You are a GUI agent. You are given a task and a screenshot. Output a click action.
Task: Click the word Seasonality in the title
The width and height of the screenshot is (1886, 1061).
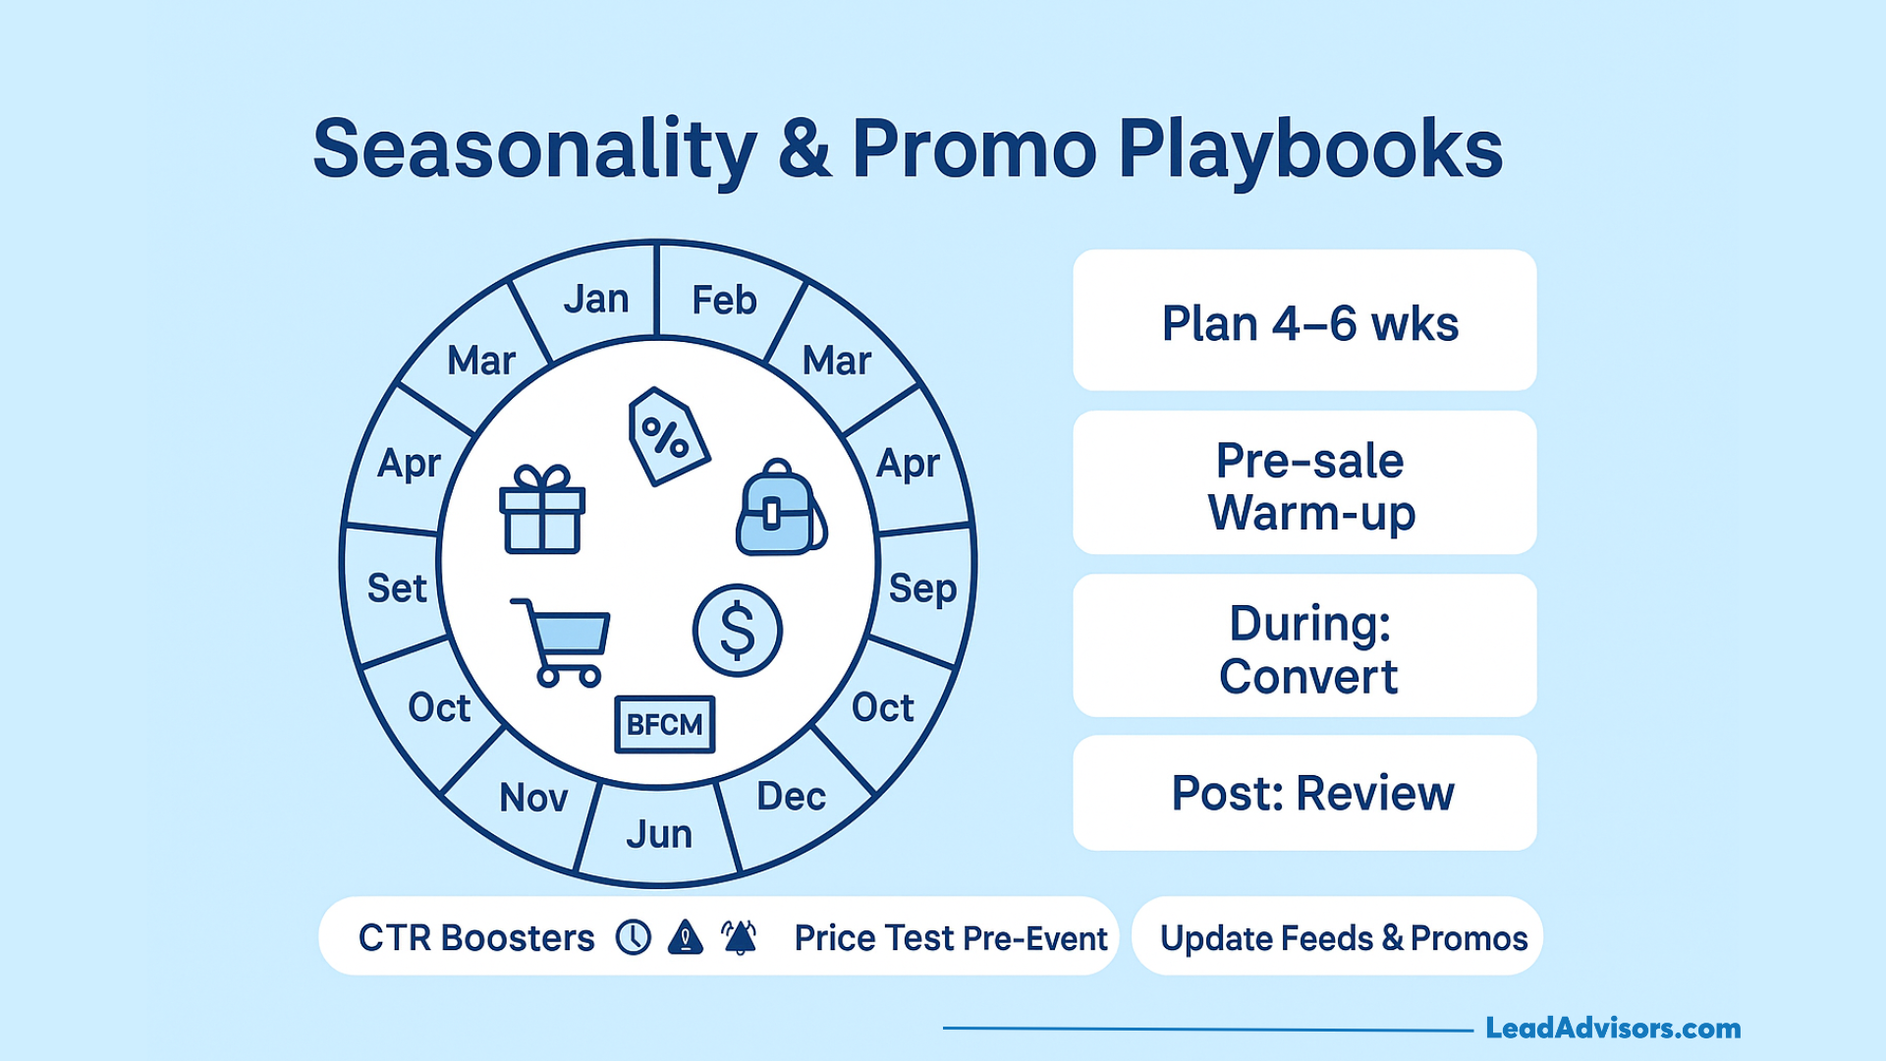pos(535,149)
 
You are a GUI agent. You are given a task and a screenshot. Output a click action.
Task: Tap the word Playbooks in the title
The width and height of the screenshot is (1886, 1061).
pos(1310,149)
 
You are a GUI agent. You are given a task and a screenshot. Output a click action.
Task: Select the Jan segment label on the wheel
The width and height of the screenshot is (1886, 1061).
pos(596,299)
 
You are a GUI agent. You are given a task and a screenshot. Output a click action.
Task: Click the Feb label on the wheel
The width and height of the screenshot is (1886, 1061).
pos(724,300)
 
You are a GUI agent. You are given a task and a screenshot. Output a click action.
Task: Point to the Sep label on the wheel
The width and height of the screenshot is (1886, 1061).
pos(922,589)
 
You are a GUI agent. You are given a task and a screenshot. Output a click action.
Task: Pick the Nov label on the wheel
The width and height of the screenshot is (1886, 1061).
pos(533,798)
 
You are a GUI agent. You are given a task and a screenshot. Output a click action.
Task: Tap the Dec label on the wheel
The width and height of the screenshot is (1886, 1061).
pos(791,796)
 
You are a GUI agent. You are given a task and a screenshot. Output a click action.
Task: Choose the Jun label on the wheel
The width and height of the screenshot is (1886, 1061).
pos(659,834)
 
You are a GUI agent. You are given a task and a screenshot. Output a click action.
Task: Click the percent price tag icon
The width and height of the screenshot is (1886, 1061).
pos(668,436)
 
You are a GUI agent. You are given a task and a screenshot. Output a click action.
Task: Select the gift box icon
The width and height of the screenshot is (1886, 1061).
pos(542,509)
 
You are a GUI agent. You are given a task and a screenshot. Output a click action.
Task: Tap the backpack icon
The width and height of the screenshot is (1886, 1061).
pos(781,507)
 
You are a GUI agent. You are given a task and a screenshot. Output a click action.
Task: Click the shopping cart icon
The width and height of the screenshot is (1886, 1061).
pos(561,642)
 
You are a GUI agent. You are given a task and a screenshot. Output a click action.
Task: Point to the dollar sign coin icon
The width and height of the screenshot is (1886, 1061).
pos(738,631)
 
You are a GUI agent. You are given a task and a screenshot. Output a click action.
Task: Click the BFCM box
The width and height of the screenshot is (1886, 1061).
pos(665,725)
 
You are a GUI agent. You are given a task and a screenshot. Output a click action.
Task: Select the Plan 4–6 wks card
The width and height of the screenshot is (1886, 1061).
pos(1304,320)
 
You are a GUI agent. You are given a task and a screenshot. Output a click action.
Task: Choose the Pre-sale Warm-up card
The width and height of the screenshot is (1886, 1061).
pos(1304,482)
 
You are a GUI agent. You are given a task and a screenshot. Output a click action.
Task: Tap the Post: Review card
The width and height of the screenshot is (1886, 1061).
pos(1304,793)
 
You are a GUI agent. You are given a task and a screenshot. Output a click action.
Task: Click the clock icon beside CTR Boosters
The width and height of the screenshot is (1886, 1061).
pos(634,937)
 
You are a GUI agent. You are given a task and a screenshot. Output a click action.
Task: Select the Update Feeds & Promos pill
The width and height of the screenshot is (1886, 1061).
pos(1337,936)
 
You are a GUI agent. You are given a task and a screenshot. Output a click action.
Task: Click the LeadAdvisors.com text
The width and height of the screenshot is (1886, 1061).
pos(1613,1029)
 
